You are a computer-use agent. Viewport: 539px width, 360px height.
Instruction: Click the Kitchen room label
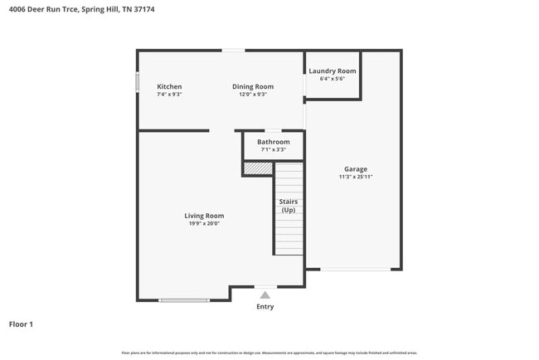click(169, 87)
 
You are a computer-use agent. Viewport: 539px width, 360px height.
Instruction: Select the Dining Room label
click(253, 87)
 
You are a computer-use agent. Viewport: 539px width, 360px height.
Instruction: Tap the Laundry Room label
click(333, 71)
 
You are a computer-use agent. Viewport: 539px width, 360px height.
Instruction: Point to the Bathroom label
click(273, 142)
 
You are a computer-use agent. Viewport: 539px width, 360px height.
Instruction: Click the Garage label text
click(356, 169)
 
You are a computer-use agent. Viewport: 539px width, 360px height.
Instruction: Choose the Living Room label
click(204, 216)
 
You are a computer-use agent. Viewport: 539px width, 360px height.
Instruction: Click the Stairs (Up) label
click(289, 206)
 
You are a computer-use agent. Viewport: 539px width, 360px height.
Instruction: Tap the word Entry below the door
click(265, 307)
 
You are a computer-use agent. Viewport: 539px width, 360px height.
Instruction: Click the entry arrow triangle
click(265, 294)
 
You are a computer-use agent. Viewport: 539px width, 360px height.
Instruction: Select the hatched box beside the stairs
click(258, 168)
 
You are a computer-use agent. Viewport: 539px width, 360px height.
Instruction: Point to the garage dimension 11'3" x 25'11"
click(356, 177)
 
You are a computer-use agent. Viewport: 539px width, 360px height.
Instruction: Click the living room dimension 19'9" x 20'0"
click(204, 223)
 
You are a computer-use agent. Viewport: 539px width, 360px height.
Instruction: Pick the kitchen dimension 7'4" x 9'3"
click(169, 95)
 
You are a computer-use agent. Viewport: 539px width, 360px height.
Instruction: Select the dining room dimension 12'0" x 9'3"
click(253, 95)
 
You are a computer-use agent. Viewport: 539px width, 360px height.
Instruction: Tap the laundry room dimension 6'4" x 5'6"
click(333, 79)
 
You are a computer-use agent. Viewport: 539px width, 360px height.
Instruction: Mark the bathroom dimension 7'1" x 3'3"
click(273, 150)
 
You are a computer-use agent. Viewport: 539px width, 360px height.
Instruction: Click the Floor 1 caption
click(21, 324)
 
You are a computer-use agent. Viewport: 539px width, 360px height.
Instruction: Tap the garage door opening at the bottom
click(356, 269)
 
